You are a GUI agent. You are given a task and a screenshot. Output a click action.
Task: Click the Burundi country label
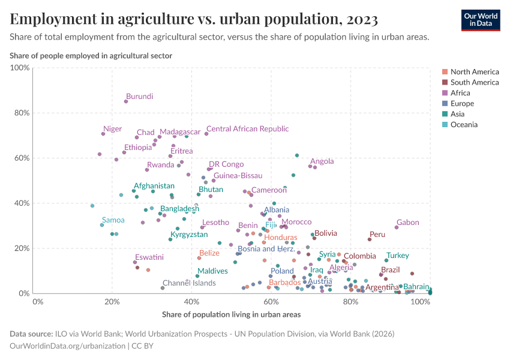pos(139,97)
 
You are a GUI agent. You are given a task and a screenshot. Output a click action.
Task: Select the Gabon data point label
pos(407,223)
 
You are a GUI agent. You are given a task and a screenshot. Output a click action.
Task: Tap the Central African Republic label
pos(247,129)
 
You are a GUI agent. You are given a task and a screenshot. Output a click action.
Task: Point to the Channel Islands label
pos(189,283)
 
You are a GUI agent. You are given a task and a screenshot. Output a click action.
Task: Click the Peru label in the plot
pos(377,235)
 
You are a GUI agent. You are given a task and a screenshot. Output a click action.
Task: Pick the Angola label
pos(322,161)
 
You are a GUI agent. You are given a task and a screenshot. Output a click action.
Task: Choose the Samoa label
pos(113,220)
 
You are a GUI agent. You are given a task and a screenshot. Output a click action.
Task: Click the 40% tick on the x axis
pos(191,302)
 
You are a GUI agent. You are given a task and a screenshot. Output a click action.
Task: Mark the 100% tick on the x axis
pos(420,302)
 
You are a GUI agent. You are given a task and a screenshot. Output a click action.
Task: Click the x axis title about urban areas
pos(231,314)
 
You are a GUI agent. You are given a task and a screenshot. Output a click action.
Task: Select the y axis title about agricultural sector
pos(91,56)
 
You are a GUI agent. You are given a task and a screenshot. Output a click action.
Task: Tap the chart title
pos(194,20)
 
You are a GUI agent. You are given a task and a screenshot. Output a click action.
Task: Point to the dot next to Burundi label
pos(126,101)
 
